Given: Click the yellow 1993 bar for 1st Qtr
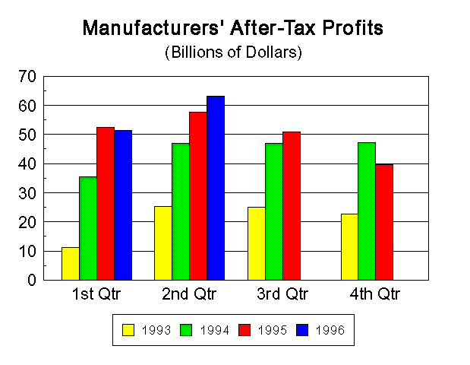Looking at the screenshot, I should click(x=71, y=263).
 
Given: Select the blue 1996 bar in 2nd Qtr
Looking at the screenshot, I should click(x=216, y=188).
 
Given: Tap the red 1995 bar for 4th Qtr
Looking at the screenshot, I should click(x=384, y=222).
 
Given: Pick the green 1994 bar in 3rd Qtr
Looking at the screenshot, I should click(x=273, y=211).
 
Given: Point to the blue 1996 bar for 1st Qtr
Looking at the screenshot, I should click(x=123, y=205).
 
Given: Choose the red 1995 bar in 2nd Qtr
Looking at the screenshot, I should click(x=198, y=195).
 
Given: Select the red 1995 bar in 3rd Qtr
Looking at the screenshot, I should click(x=291, y=205).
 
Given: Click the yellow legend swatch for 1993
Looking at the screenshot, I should click(x=128, y=330).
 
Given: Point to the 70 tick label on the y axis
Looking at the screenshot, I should click(x=27, y=76).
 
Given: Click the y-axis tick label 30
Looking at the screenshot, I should click(x=27, y=193).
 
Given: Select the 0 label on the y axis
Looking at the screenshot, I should click(x=32, y=281).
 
